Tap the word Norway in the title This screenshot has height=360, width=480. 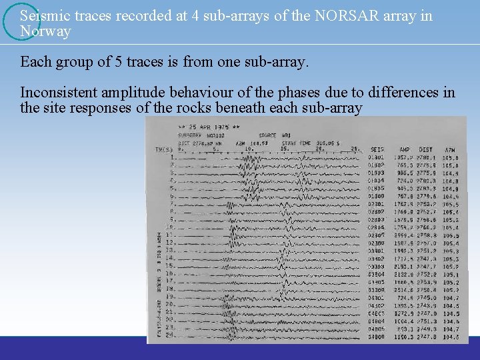[45, 31]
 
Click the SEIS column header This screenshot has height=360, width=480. [377, 149]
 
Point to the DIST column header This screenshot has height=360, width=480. [426, 149]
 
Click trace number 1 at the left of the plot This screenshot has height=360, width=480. [173, 157]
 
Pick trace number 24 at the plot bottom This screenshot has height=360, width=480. [170, 335]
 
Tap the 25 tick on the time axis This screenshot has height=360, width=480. [355, 149]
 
